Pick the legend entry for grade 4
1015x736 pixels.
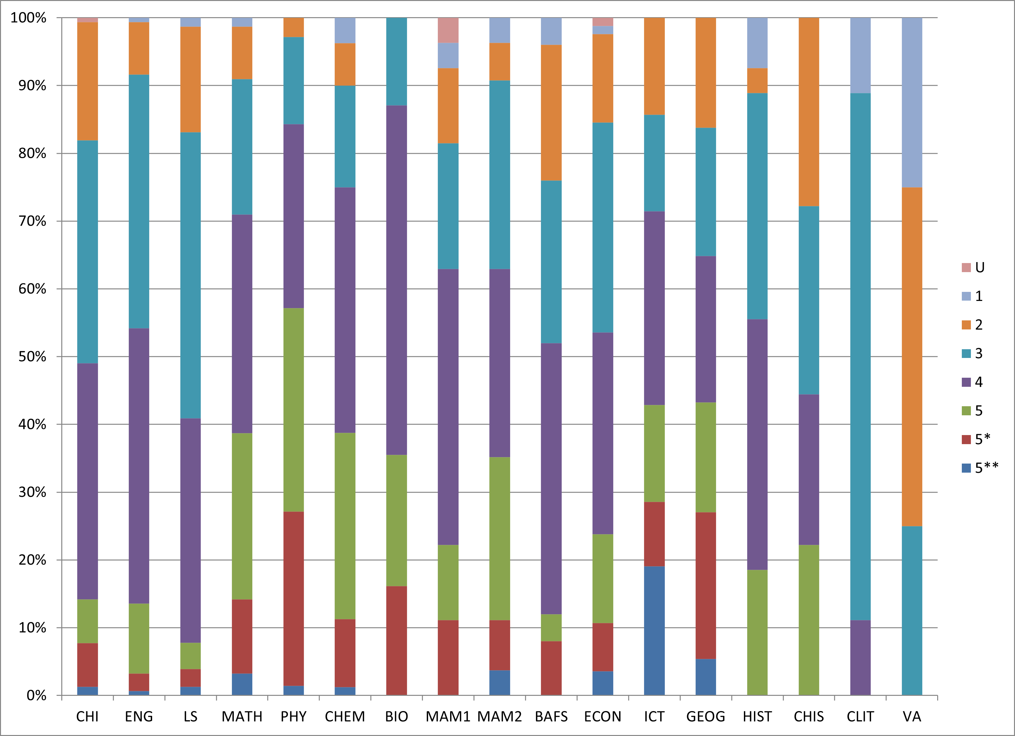click(973, 382)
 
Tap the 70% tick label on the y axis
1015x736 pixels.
click(32, 221)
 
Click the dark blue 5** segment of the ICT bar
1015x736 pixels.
click(654, 630)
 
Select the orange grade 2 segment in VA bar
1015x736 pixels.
click(912, 357)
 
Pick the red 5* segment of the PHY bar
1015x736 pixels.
click(293, 598)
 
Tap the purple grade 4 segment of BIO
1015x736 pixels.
click(397, 280)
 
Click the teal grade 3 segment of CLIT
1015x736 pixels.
click(860, 356)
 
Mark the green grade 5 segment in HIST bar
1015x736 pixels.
click(757, 632)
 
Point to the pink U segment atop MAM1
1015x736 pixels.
click(448, 30)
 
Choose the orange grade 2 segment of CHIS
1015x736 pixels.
click(809, 112)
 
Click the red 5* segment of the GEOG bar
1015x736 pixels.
click(706, 585)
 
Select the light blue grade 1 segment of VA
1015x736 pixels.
click(912, 102)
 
